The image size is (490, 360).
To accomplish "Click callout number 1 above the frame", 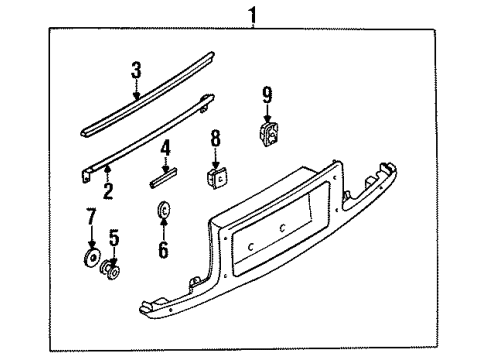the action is pos(253,15).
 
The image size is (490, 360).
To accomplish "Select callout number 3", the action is pos(136,70).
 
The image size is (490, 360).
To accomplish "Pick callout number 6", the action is pos(163,249).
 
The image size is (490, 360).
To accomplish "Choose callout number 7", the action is pos(91,216).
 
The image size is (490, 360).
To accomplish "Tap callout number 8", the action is pos(216,138).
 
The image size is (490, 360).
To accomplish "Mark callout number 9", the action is pos(267,95).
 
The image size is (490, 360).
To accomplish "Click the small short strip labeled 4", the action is pos(163,178).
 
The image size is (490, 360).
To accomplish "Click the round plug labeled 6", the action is pos(163,209).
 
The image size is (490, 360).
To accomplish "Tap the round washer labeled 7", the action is pos(92,257).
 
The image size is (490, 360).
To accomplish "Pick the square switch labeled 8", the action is pos(217,177).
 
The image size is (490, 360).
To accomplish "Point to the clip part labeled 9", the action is pos(270,134).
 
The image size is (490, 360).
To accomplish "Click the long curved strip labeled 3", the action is pos(147,94).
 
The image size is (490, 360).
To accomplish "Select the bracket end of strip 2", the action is pos(87,175).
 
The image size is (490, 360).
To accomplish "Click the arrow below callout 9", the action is pos(267,113).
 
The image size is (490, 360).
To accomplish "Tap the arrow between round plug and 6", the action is pos(163,227).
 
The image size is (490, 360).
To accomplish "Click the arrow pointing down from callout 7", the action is pos(91,238).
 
